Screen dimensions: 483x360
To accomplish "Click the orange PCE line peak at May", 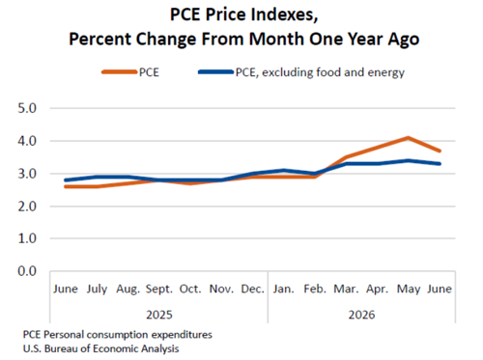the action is coord(408,138).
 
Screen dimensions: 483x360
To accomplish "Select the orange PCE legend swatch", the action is coord(120,72).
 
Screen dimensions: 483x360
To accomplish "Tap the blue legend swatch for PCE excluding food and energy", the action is coord(216,72).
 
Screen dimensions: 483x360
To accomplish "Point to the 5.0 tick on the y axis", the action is coord(27,108).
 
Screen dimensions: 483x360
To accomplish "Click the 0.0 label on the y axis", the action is coord(27,271).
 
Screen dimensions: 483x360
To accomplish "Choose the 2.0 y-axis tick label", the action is coord(27,207).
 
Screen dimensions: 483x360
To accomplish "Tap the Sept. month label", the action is coord(159,290).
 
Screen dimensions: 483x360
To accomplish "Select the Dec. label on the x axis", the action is coord(253,289).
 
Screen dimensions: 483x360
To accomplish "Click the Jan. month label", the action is coord(284,289).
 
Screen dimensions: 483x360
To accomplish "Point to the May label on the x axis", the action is coord(409,290).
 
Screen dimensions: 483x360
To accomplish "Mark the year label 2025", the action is coord(159,315).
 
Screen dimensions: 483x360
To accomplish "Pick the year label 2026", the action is coord(362,315).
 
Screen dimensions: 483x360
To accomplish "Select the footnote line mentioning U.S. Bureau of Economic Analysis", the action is coord(100,348).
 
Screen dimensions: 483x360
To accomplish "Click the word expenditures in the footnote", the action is coord(182,335).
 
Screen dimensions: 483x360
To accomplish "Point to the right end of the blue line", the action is coord(440,164).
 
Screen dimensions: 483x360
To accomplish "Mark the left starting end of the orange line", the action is coord(66,186).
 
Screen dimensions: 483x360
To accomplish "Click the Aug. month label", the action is coord(128,290).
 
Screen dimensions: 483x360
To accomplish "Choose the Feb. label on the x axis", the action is coord(315,289).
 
